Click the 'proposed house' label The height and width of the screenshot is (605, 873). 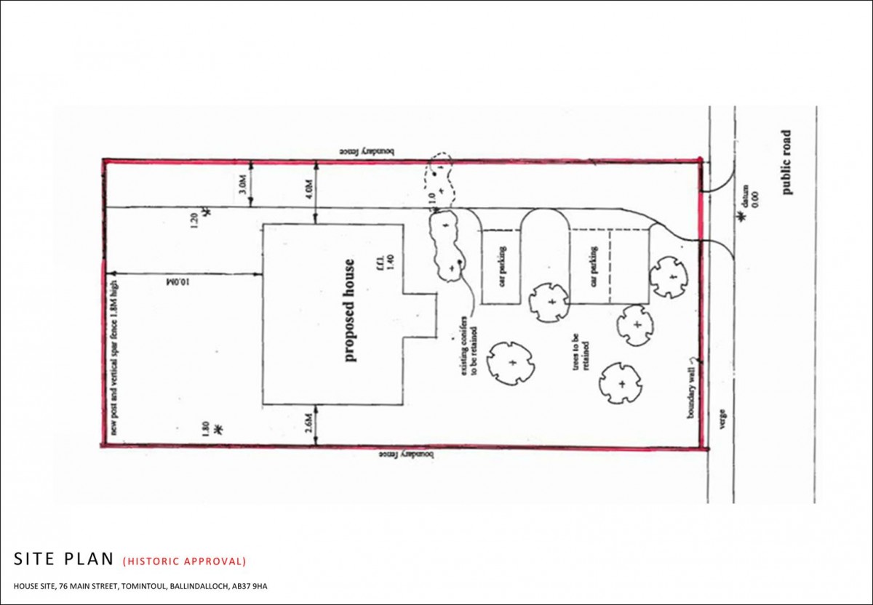point(350,310)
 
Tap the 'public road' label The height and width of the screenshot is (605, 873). point(786,162)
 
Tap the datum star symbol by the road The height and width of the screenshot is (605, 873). point(743,217)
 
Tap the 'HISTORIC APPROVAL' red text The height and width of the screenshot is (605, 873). point(185,561)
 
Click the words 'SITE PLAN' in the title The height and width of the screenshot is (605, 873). point(64,559)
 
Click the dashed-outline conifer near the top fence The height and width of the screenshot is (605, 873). point(439,175)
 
